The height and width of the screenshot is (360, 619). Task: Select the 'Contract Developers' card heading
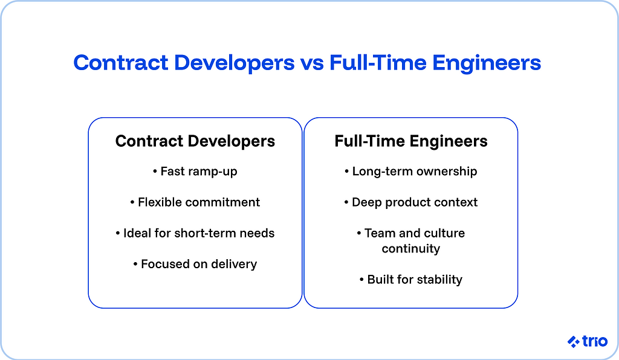[x=195, y=141]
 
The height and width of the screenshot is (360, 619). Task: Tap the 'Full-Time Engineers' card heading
[x=411, y=141]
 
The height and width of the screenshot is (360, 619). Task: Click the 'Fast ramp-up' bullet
[x=195, y=172]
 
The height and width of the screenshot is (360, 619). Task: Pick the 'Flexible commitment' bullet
[x=195, y=202]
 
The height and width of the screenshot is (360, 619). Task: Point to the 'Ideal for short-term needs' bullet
[x=195, y=233]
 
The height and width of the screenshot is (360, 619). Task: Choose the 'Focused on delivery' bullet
[x=195, y=264]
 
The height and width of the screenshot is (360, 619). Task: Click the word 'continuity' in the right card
[x=411, y=248]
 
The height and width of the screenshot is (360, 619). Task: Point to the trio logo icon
[x=573, y=342]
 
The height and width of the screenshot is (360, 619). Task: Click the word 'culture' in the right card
[x=444, y=233]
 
